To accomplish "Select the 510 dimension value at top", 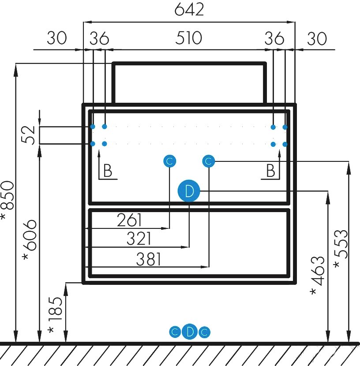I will coord(188,38).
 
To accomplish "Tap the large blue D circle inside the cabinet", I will coord(189,191).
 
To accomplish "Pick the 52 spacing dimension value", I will coord(29,135).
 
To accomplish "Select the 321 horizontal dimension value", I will coord(139,239).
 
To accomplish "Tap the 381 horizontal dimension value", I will coord(148,259).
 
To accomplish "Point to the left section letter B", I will coord(107,171).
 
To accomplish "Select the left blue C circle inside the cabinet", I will coord(170,161).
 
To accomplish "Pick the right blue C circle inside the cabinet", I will coord(208,161).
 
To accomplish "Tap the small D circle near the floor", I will coord(190,332).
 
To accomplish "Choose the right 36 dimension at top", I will coord(274,38).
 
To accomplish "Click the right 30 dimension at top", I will coord(317,38).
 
